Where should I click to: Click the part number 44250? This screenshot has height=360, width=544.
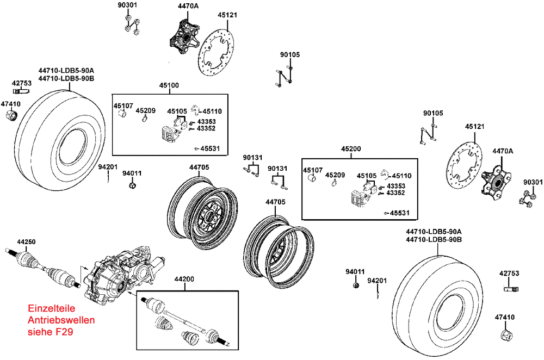click(x=26, y=242)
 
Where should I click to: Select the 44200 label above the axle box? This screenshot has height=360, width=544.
click(x=184, y=279)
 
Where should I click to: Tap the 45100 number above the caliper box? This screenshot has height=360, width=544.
click(x=169, y=85)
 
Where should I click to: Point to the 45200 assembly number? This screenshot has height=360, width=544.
click(x=351, y=149)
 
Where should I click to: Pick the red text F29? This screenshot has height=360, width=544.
click(x=64, y=332)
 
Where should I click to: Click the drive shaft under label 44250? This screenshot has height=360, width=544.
click(x=44, y=268)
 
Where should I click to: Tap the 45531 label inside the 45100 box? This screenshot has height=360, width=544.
click(x=209, y=149)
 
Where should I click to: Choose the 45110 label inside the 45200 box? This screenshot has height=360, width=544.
click(x=401, y=176)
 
